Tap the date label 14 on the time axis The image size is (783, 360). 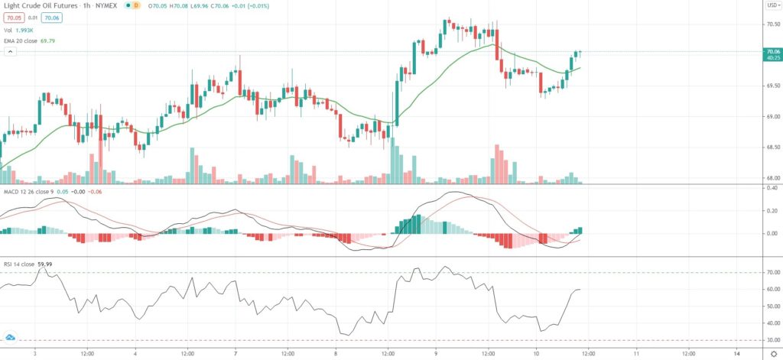pos(736,354)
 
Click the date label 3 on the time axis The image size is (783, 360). pos(35,354)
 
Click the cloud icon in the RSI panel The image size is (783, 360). pos(11,336)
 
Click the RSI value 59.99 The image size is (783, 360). pos(47,264)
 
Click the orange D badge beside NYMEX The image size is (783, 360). pos(135,5)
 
